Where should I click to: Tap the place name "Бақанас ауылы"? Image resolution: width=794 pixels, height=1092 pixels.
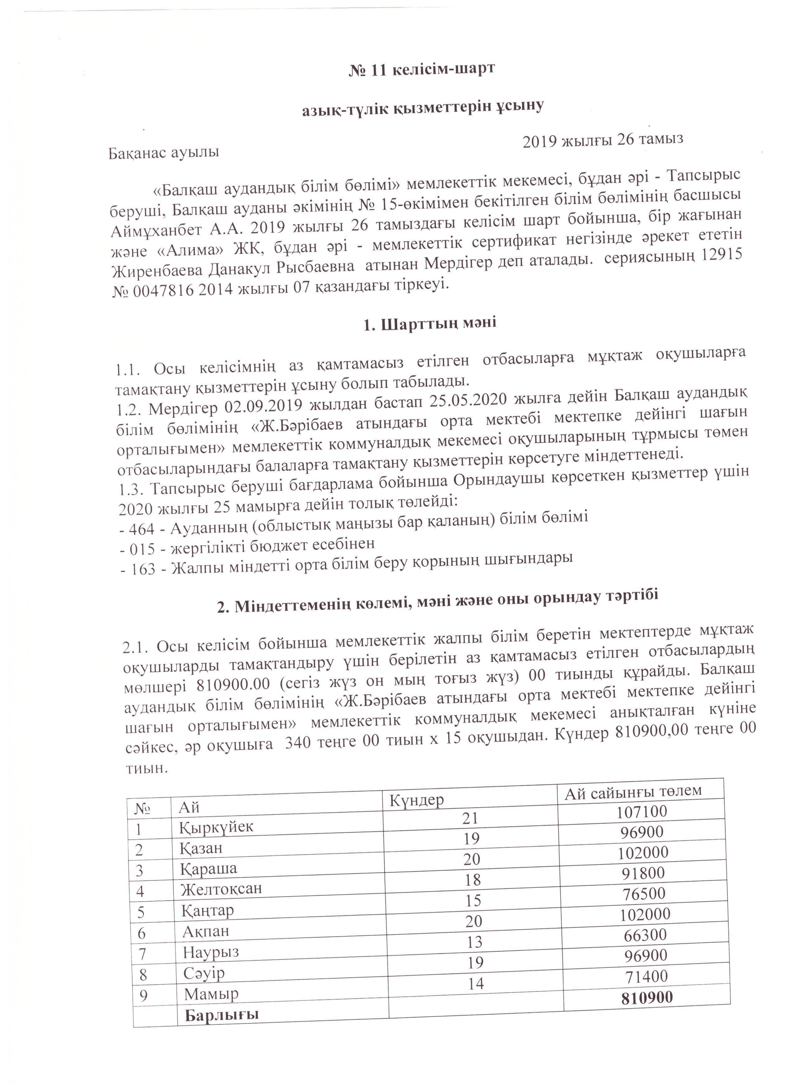point(164,153)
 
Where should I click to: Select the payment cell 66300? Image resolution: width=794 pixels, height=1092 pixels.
point(645,935)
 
